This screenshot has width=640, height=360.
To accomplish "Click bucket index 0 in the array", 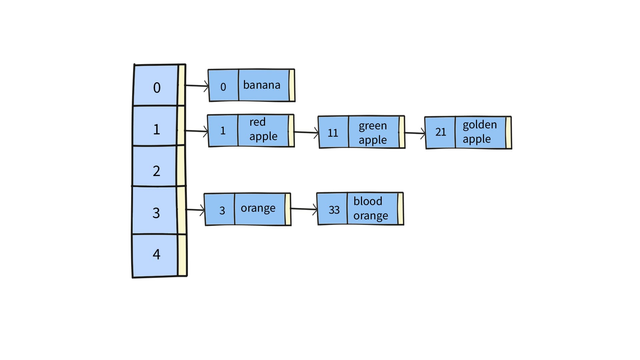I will (156, 88).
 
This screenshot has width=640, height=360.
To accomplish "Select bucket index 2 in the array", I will (156, 171).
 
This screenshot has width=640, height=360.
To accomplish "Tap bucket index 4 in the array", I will (156, 254).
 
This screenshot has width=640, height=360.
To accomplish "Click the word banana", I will (262, 85).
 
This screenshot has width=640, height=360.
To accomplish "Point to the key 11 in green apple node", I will (333, 133).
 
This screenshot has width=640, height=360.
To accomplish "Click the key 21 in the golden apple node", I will (440, 132).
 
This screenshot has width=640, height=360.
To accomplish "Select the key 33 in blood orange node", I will (334, 210).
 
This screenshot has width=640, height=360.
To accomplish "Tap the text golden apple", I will (480, 132).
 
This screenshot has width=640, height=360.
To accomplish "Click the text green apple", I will (373, 133).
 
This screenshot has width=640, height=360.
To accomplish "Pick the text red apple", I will (263, 129).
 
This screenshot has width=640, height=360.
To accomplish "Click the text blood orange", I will (370, 208).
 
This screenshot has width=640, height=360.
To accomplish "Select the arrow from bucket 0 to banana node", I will (197, 86).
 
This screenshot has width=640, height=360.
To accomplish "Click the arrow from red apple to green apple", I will (306, 132).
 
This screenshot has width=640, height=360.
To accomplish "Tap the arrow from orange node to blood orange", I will (304, 209).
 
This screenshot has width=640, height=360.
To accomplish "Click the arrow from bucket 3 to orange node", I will (195, 210).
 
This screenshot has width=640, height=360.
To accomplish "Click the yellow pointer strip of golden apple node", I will (508, 132).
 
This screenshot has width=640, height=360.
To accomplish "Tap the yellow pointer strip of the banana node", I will (292, 85).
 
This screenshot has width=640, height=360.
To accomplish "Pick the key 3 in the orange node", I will (222, 210).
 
